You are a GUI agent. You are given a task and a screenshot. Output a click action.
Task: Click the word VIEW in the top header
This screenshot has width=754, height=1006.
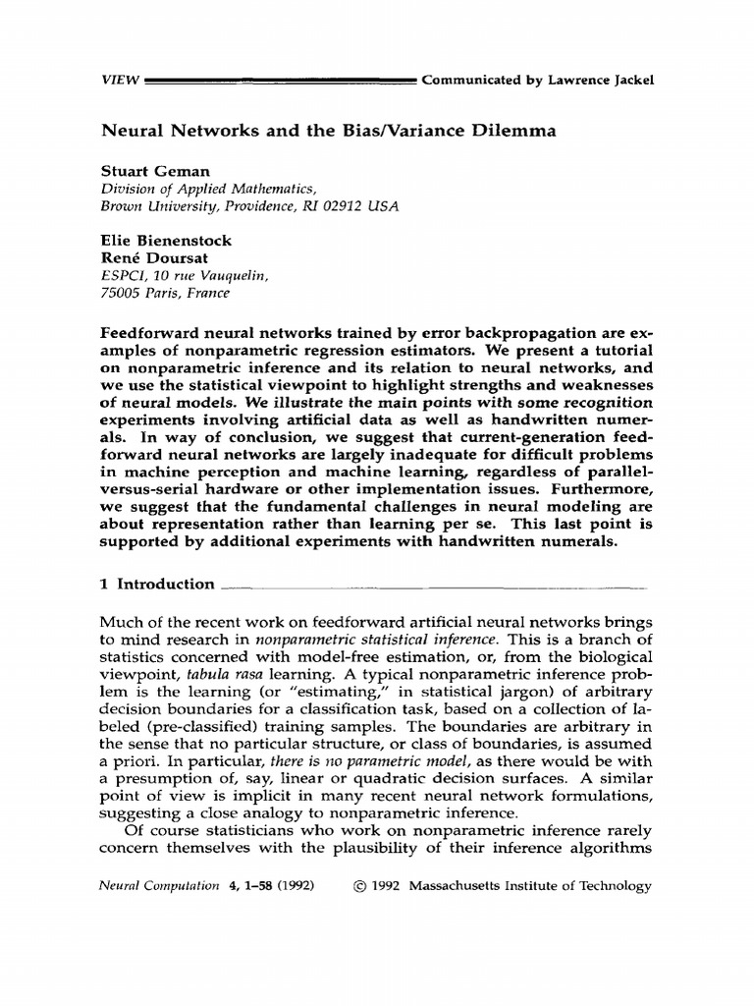(120, 80)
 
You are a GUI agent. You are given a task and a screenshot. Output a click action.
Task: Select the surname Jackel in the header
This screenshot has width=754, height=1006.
(628, 80)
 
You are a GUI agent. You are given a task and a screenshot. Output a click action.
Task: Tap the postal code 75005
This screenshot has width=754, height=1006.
(124, 292)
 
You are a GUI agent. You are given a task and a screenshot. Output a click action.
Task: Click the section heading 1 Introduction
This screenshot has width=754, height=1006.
(158, 584)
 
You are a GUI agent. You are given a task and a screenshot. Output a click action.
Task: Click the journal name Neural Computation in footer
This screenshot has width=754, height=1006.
(160, 885)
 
